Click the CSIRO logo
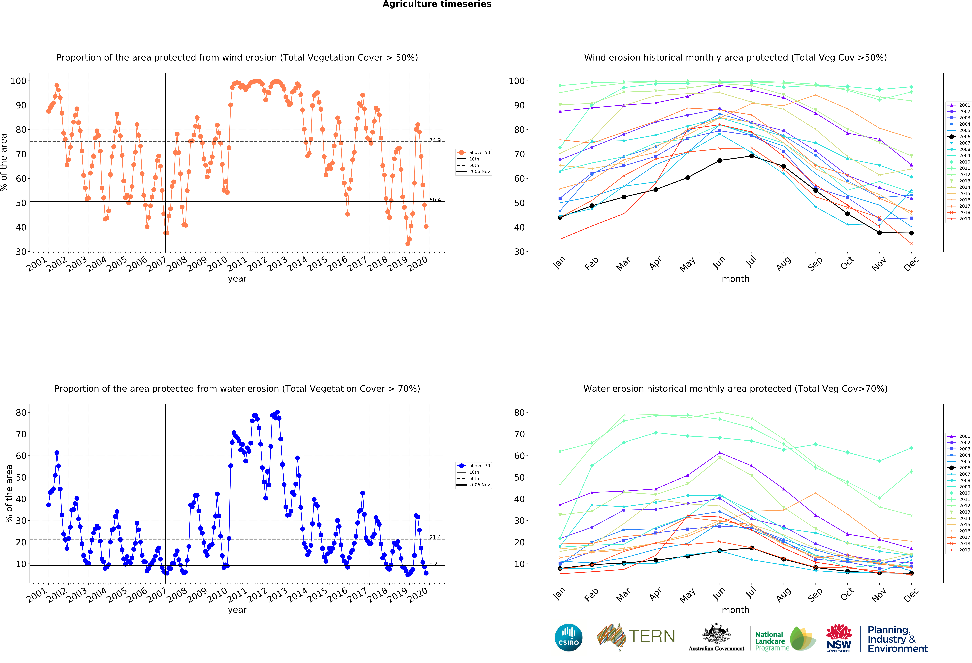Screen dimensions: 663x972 (x=568, y=637)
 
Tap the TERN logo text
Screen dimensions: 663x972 (x=652, y=637)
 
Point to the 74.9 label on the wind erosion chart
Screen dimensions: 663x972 (x=435, y=140)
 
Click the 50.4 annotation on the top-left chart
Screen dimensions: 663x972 (x=435, y=200)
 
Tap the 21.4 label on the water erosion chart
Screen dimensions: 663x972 (x=435, y=537)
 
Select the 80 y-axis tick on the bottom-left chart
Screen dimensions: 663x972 (x=21, y=412)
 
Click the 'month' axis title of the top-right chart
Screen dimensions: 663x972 (x=735, y=279)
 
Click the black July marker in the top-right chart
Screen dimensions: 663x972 (x=752, y=156)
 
